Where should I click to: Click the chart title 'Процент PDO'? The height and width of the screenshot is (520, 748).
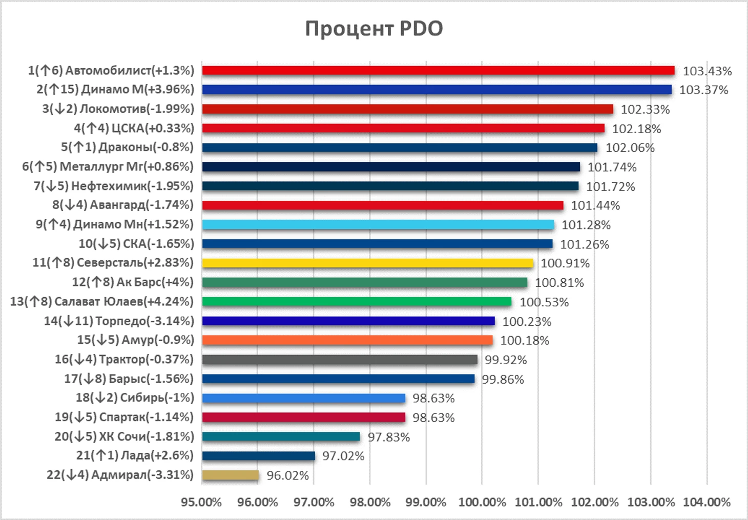[374, 29]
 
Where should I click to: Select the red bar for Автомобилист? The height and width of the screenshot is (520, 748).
[438, 71]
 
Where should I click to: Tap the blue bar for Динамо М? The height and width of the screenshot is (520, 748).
[437, 90]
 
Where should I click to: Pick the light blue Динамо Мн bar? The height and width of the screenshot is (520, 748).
[378, 224]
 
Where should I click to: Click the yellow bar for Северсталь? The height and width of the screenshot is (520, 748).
[367, 263]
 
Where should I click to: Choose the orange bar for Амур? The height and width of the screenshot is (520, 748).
[347, 340]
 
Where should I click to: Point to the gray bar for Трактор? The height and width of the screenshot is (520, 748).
[340, 360]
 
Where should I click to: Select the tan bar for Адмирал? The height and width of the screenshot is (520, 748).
[231, 475]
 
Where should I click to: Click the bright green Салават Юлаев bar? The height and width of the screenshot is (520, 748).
[357, 302]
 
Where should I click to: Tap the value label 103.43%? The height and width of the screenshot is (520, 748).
[707, 71]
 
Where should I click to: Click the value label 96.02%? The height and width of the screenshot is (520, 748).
[288, 476]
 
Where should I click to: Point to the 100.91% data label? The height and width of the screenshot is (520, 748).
[565, 263]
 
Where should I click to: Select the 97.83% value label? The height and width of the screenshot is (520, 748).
[389, 437]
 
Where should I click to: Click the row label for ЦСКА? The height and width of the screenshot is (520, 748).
[134, 128]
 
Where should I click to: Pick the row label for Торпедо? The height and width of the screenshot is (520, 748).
[119, 321]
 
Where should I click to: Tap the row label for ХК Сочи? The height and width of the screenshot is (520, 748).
[124, 436]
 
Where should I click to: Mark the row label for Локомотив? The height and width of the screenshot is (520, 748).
[118, 109]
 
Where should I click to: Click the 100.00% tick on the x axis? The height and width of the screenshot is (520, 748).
[482, 502]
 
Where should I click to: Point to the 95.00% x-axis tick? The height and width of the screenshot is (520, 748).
[201, 502]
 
